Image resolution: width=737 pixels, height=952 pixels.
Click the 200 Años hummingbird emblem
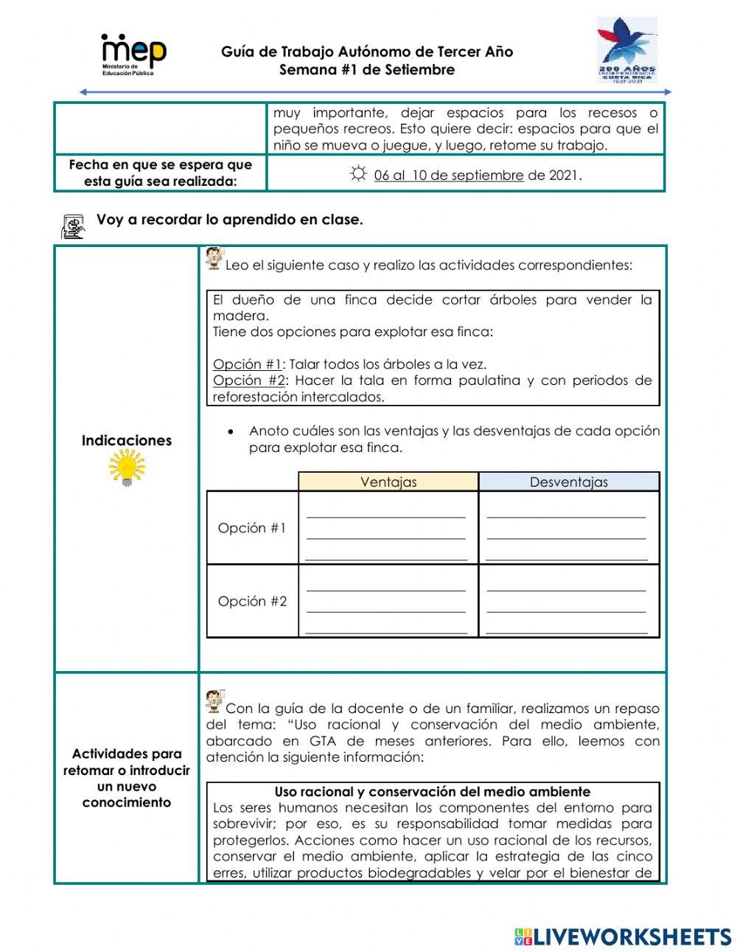(626, 50)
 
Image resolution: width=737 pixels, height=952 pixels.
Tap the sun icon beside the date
(358, 174)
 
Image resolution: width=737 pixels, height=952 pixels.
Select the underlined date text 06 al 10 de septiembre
(448, 176)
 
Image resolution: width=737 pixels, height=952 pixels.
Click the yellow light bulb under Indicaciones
(127, 468)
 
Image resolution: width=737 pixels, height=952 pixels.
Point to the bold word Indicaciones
(127, 440)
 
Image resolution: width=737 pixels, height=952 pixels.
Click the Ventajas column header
(388, 482)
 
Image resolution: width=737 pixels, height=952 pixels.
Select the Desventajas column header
(569, 482)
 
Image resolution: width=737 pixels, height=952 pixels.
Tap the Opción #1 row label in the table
(252, 528)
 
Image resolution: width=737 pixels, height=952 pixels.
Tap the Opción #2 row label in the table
(252, 601)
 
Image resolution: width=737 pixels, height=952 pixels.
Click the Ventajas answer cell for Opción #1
(388, 528)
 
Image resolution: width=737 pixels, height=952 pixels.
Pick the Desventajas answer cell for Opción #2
(568, 601)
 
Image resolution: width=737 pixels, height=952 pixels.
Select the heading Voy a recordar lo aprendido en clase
(229, 220)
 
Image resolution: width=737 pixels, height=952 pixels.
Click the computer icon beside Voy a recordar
(73, 226)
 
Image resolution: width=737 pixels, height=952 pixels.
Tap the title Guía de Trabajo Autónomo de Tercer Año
(367, 52)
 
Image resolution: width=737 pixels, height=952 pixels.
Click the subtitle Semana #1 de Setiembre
(367, 70)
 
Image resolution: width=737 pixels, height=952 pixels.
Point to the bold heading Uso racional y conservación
(433, 791)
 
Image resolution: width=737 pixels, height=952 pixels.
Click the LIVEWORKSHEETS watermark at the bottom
(623, 937)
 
